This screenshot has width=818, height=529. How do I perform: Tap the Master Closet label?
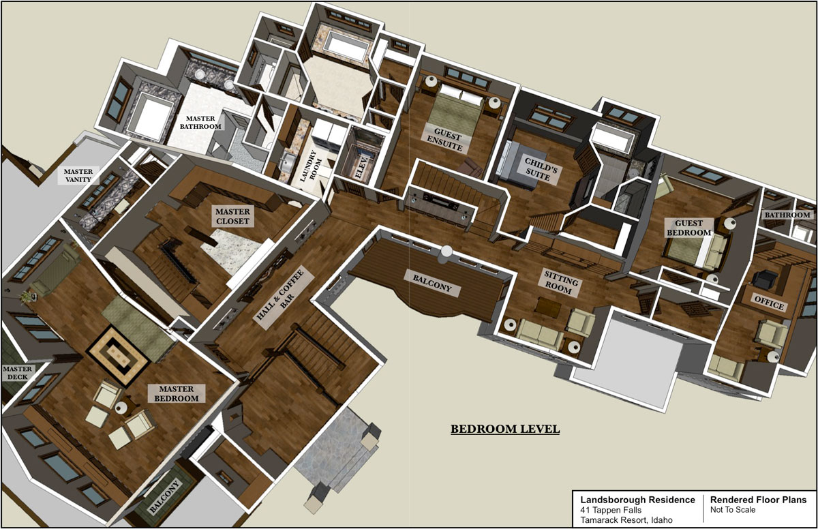(x=232, y=216)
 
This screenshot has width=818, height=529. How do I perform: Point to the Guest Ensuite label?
(x=444, y=137)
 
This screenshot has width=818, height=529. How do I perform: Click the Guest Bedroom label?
(x=693, y=228)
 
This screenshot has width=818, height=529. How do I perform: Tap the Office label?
(x=768, y=305)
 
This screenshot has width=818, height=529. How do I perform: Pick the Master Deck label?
(x=16, y=373)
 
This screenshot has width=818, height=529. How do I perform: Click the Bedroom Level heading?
(x=504, y=429)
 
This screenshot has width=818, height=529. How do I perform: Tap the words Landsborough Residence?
(x=633, y=500)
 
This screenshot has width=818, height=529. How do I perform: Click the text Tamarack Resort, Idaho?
(x=624, y=520)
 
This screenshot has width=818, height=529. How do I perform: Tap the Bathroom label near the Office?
(x=788, y=215)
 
